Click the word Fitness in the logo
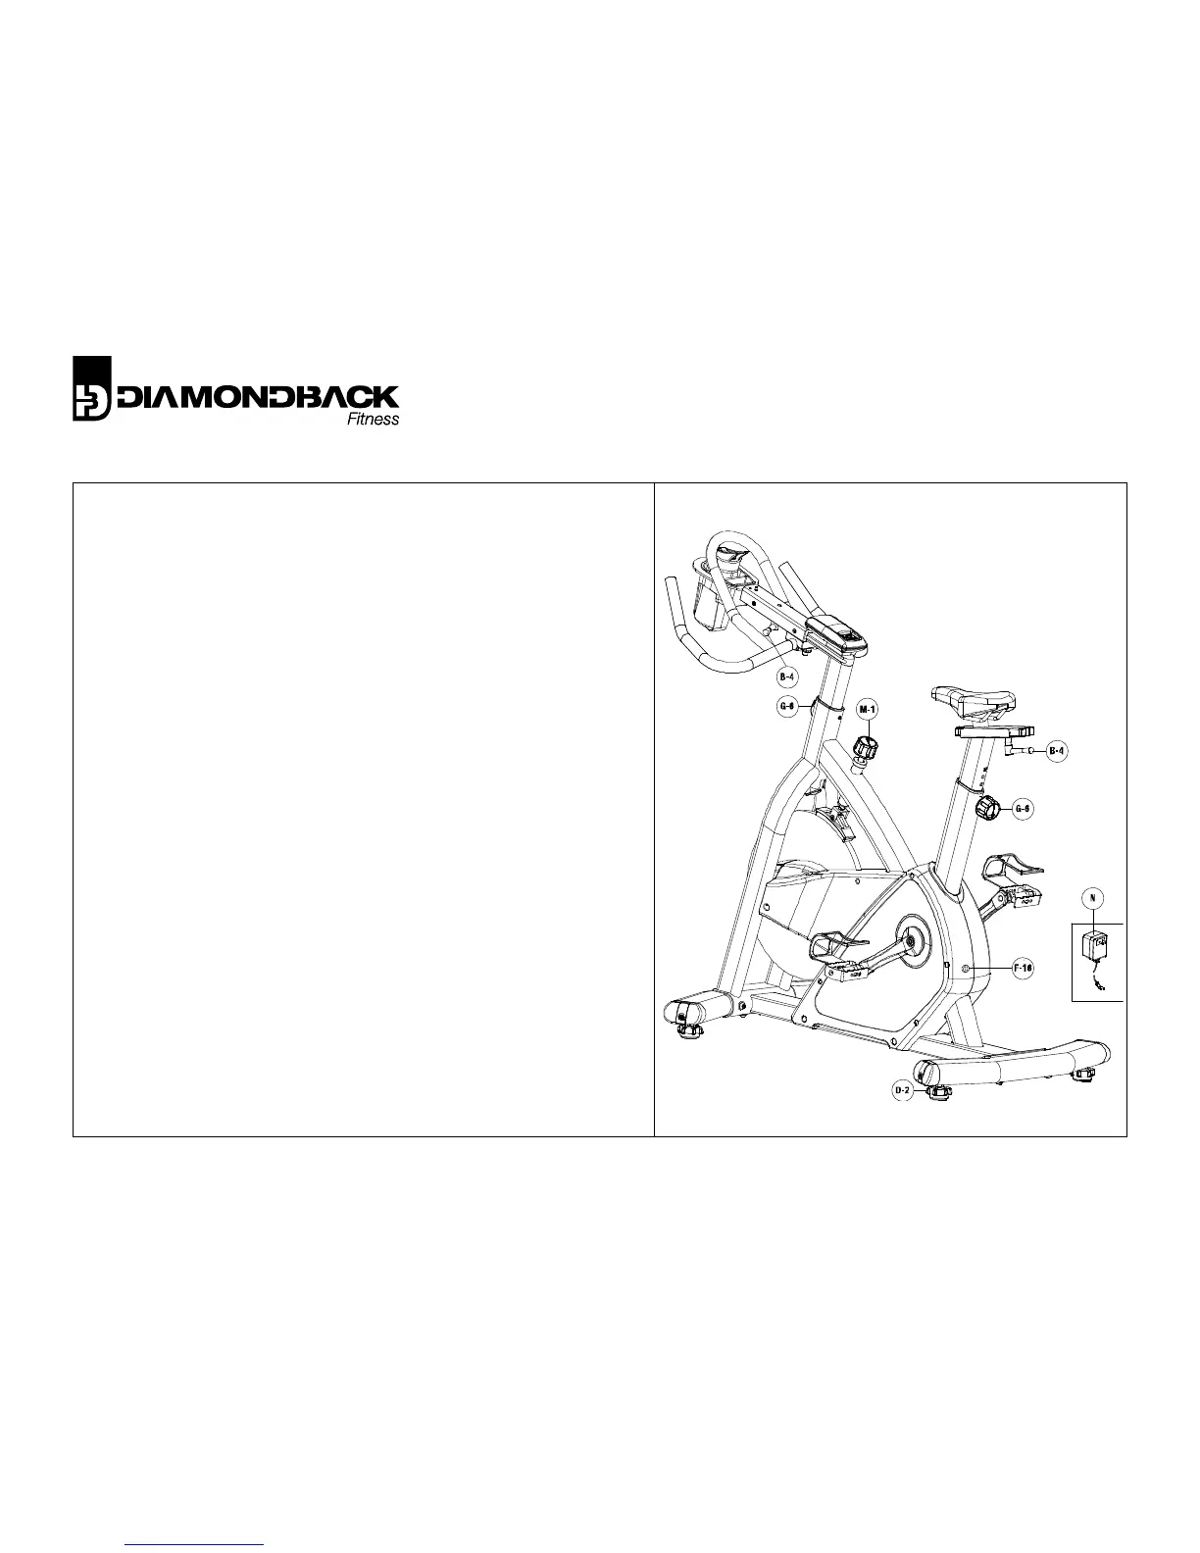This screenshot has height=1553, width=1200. coord(374,420)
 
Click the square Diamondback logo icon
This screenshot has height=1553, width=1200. coord(93,387)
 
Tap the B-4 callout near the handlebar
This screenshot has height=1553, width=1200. coord(787,676)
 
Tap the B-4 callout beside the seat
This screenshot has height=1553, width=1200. coord(1055,752)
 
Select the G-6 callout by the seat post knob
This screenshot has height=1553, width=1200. coord(1022,809)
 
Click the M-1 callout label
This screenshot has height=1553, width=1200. coord(868,709)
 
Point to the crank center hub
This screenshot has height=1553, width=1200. coord(912,941)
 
